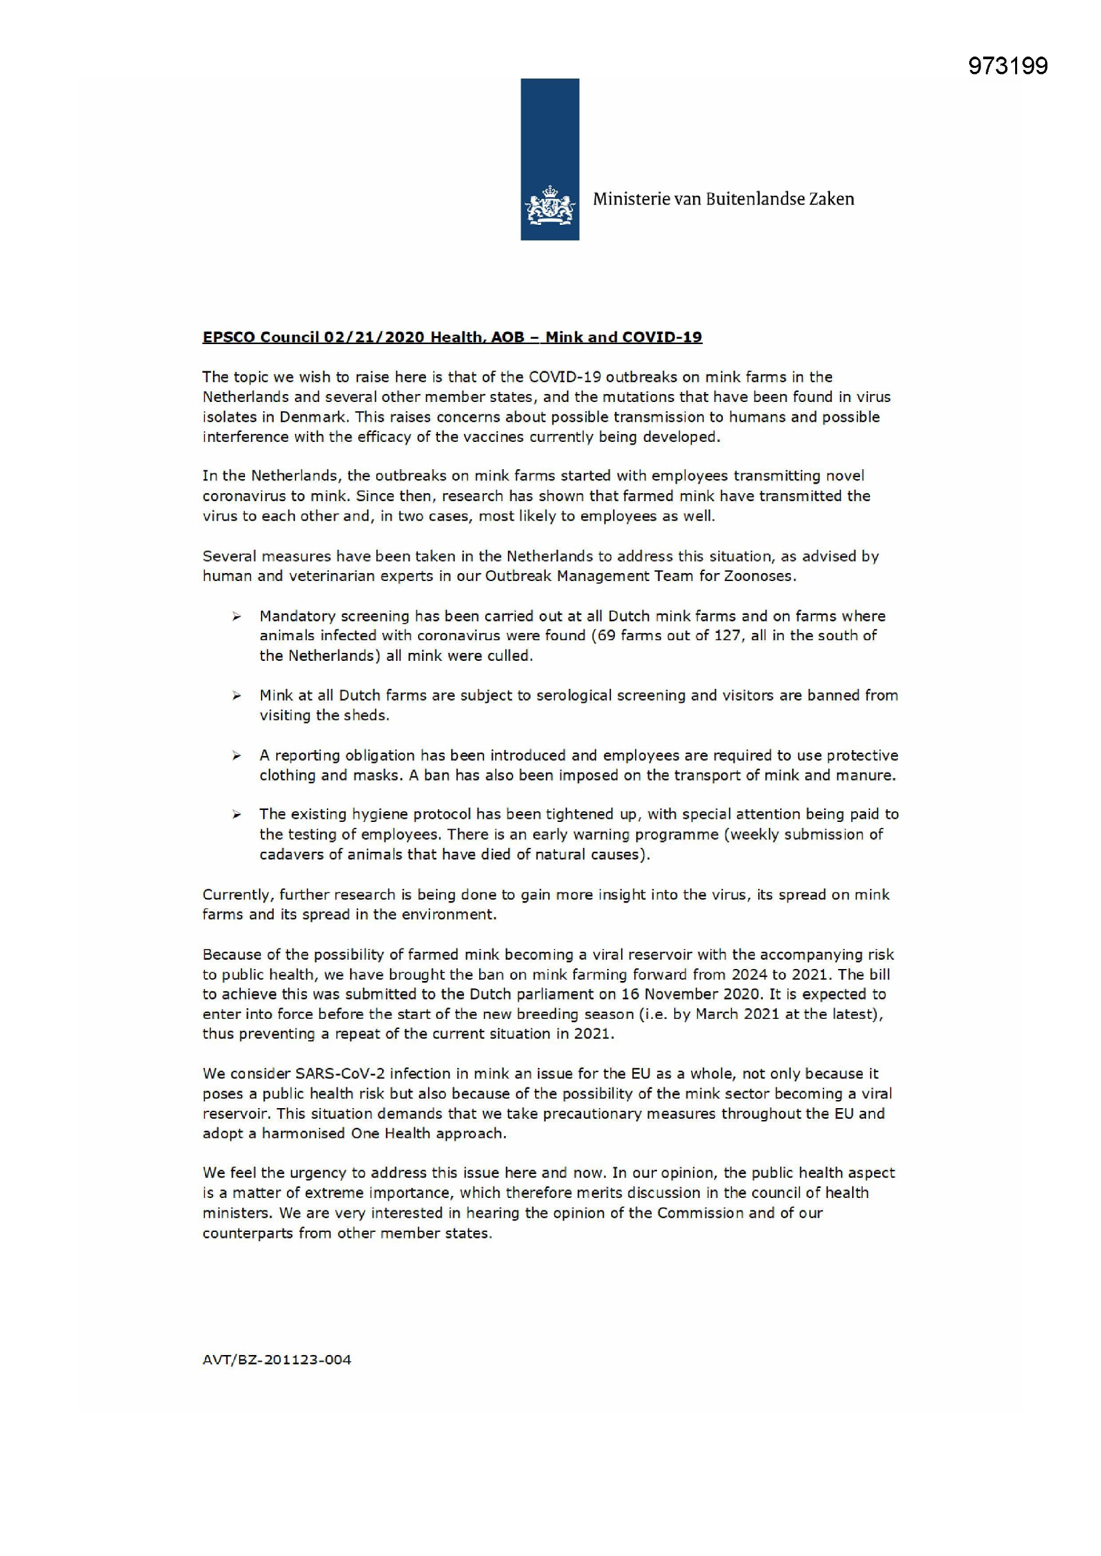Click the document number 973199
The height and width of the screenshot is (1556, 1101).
pyautogui.click(x=1007, y=66)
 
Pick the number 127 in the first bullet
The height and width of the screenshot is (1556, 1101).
pyautogui.click(x=728, y=635)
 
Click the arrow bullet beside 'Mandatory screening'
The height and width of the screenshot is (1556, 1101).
pyautogui.click(x=236, y=617)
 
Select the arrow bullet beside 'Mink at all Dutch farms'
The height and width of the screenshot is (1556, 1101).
pyautogui.click(x=236, y=696)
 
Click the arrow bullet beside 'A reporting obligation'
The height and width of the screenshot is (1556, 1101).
pyautogui.click(x=236, y=755)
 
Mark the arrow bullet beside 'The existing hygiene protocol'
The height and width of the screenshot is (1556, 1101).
pyautogui.click(x=236, y=815)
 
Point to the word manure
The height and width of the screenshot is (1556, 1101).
pyautogui.click(x=865, y=775)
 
